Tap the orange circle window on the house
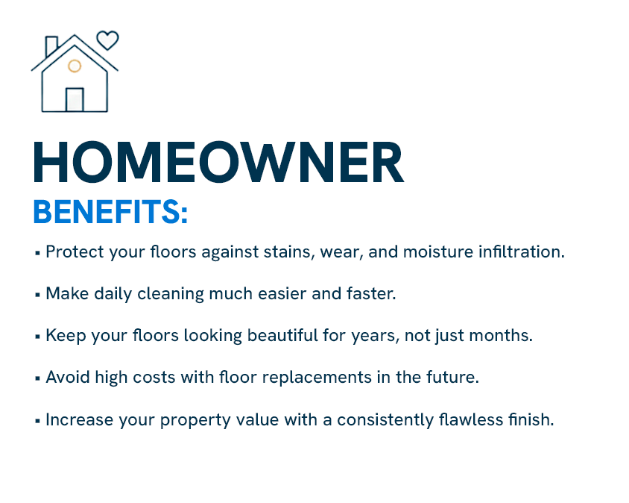75,66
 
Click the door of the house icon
75,100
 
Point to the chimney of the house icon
51,46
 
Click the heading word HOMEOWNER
218,162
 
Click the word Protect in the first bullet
75,252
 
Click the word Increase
80,420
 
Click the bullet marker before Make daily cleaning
38,295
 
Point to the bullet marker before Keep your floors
38,337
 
